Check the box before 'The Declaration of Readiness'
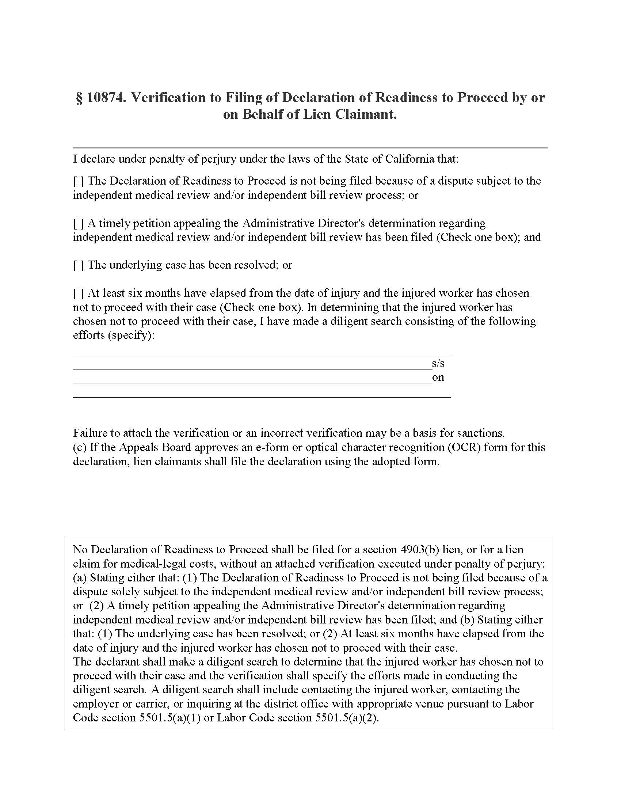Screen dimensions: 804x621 [79, 181]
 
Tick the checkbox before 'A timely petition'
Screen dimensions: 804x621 [79, 223]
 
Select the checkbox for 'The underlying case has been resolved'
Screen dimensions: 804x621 [79, 265]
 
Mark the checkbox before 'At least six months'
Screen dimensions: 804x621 [79, 293]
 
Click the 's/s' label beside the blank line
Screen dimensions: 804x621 [438, 363]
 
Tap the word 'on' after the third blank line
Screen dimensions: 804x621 [438, 378]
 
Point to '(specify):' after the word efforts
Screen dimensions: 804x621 [131, 335]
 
